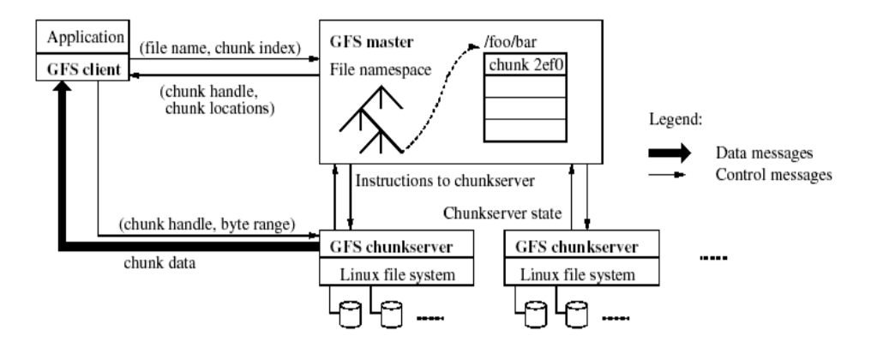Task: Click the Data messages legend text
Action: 762,152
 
